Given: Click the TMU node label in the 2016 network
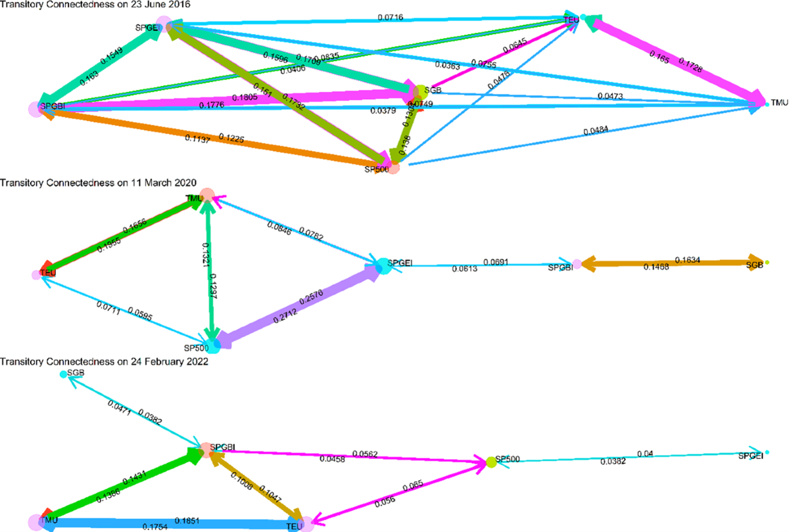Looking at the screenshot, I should [778, 104].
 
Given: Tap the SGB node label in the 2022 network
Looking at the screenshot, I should [76, 373].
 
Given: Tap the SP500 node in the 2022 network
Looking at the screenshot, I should [490, 462].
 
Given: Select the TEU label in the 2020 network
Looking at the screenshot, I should [47, 273].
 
